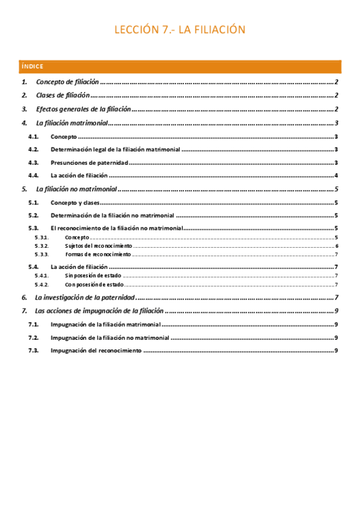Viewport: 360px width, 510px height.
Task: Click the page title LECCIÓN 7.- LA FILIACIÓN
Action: click(x=180, y=30)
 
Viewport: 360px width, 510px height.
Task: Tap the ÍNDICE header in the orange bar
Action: click(x=32, y=66)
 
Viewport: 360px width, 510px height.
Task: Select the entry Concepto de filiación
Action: click(x=67, y=82)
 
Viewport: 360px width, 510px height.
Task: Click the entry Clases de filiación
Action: click(x=63, y=95)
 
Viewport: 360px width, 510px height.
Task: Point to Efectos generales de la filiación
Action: click(x=84, y=109)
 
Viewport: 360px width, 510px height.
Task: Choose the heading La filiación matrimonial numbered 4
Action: click(x=72, y=123)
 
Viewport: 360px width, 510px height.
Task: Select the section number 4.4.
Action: click(x=34, y=176)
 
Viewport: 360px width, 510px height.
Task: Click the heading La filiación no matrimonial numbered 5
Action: click(x=76, y=189)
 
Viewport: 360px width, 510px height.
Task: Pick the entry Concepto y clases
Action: click(x=75, y=203)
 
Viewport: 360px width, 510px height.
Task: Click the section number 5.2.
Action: click(x=34, y=215)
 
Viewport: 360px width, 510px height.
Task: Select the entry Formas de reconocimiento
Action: click(x=97, y=254)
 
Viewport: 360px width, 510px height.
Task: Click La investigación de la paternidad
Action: click(x=86, y=297)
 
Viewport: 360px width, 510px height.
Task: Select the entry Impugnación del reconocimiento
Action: click(x=96, y=350)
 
